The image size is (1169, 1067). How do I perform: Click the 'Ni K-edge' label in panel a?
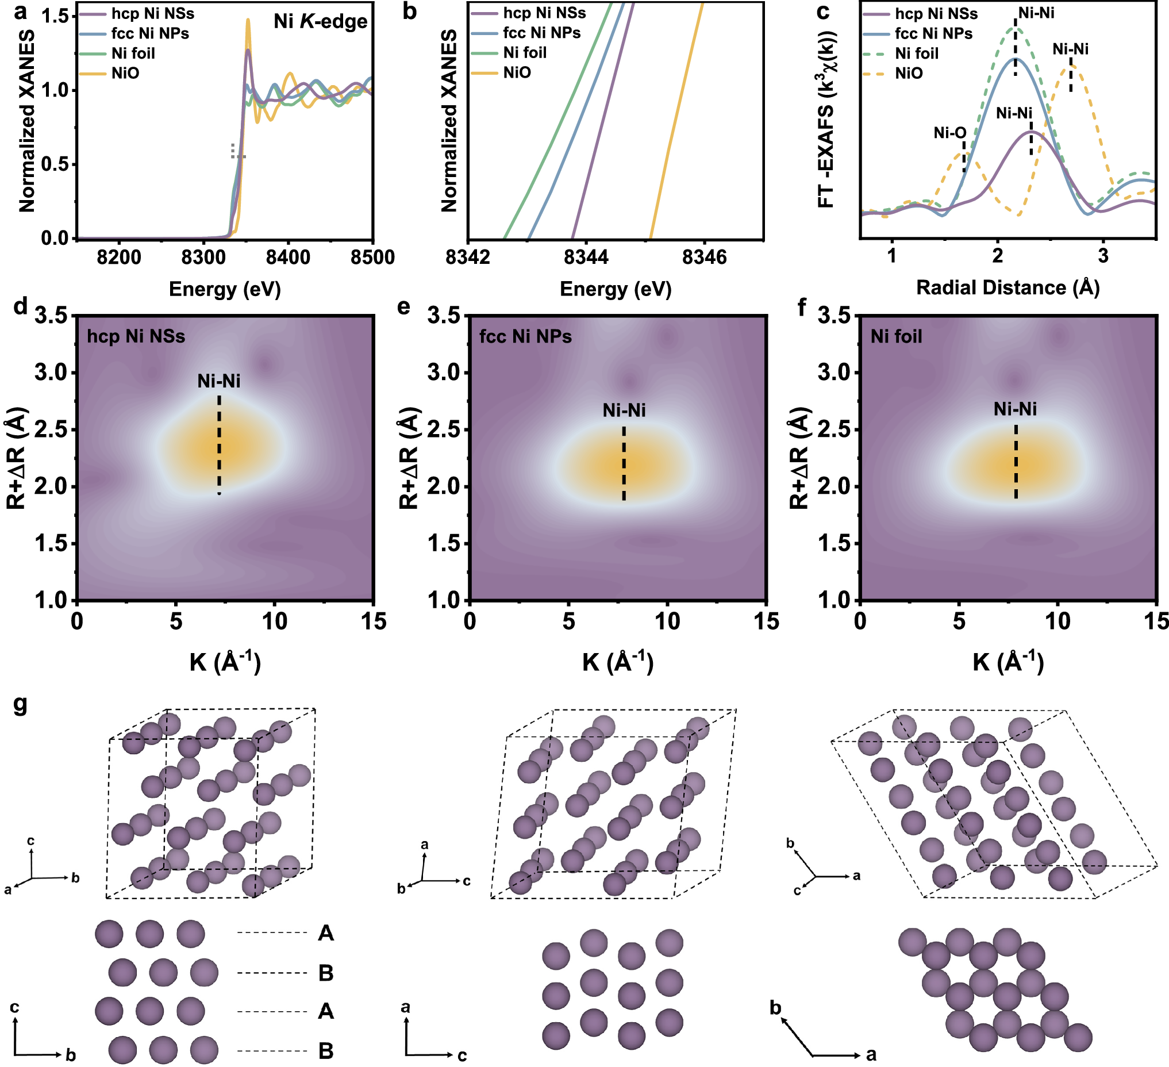pos(320,21)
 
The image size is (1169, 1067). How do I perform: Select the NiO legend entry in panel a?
pos(125,73)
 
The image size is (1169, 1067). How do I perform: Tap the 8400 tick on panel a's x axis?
pos(287,257)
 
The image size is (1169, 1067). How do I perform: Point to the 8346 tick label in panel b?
pos(704,257)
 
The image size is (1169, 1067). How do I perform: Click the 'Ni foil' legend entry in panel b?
pos(525,53)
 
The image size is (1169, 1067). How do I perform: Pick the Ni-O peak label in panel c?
pos(949,133)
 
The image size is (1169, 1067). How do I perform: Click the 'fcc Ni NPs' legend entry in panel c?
pos(933,34)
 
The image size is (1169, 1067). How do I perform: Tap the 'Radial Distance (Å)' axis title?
pos(1008,287)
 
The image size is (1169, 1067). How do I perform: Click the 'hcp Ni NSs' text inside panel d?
pos(136,336)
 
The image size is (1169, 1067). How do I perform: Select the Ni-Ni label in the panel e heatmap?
pos(624,410)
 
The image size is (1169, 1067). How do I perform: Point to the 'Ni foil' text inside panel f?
pos(896,336)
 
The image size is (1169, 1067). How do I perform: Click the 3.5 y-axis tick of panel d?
pos(52,316)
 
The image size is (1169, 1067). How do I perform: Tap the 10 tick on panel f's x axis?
pos(1057,621)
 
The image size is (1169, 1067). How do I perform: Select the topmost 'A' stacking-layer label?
pos(325,933)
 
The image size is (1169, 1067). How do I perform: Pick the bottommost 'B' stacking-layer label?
pos(325,1051)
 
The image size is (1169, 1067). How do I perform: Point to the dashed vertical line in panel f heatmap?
pos(1016,462)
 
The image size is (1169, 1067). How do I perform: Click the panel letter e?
pos(403,306)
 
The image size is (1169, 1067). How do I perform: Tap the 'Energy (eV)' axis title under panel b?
pos(615,289)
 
